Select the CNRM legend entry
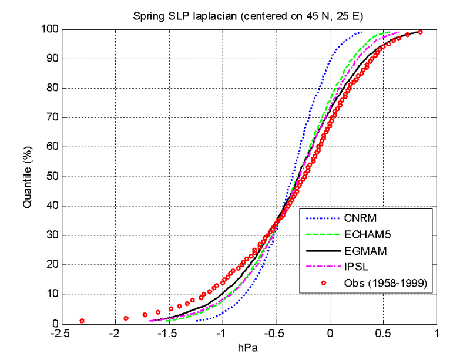357,219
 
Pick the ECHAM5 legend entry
364,235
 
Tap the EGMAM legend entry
362,251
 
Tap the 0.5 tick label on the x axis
383,334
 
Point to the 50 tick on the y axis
52,176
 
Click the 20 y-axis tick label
52,264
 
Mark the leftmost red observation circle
82,321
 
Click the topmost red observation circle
420,32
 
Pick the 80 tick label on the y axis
52,88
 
